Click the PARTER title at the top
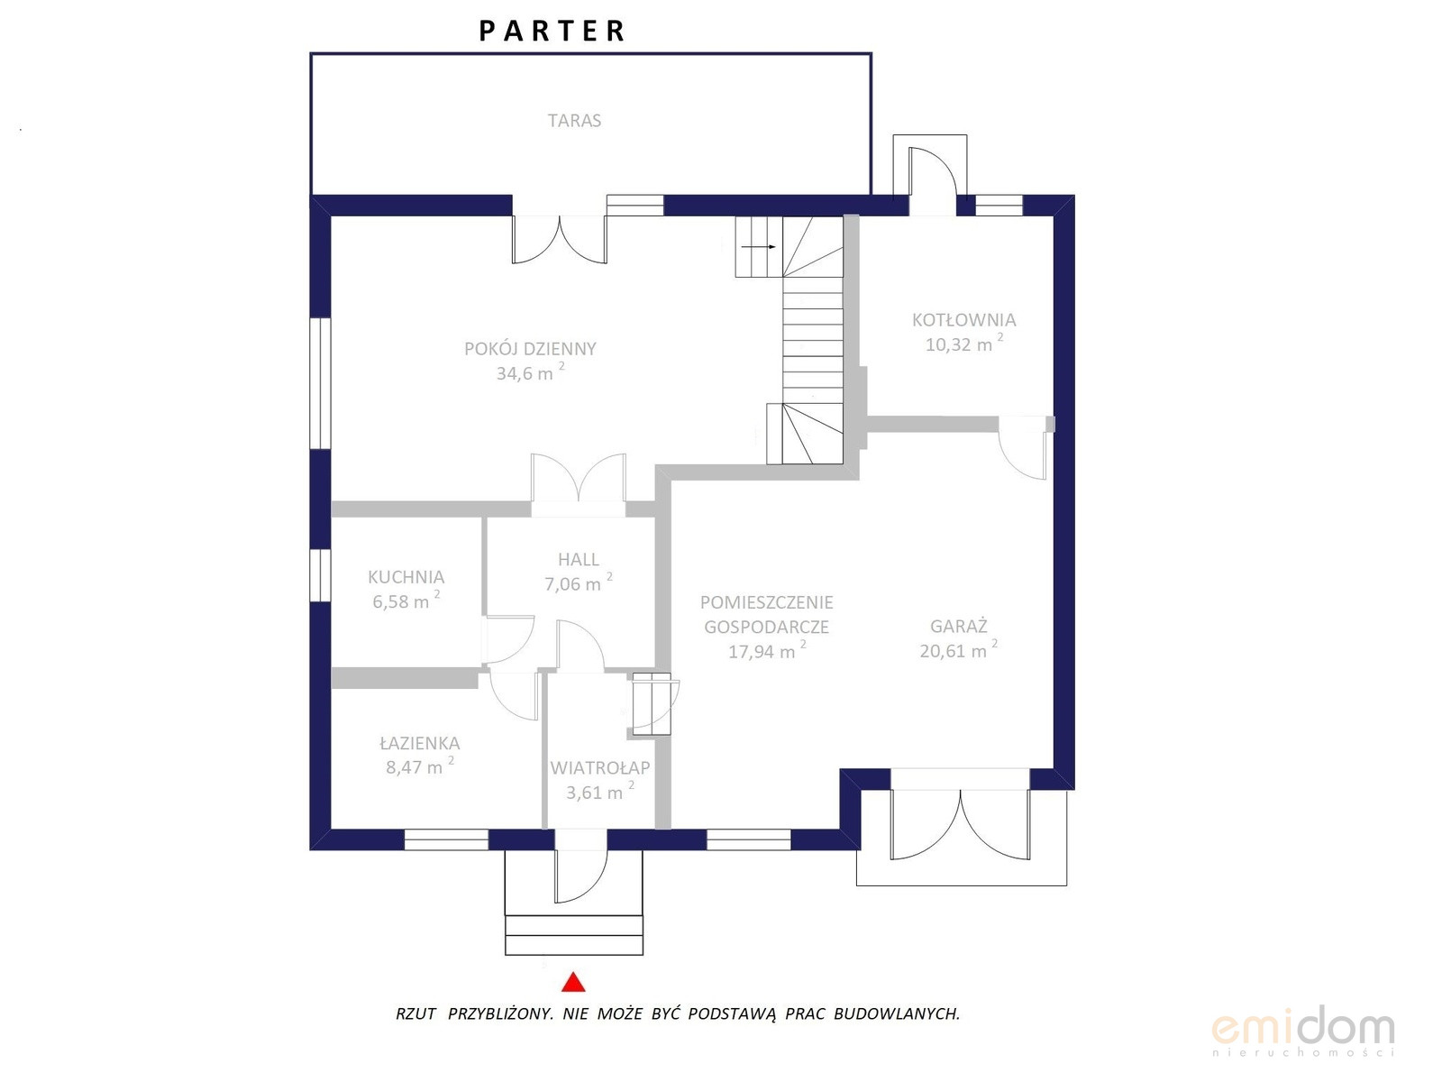pyautogui.click(x=552, y=31)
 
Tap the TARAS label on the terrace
pyautogui.click(x=574, y=120)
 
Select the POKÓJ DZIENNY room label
pyautogui.click(x=530, y=348)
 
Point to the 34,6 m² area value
pyautogui.click(x=530, y=371)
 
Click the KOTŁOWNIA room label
pyautogui.click(x=963, y=320)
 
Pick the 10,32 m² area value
pyautogui.click(x=963, y=343)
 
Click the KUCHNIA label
pyautogui.click(x=406, y=577)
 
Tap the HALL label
pyautogui.click(x=578, y=559)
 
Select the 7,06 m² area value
pyautogui.click(x=578, y=582)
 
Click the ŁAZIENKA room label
pyautogui.click(x=420, y=743)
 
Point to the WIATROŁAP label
pyautogui.click(x=600, y=767)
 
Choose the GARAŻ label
pyautogui.click(x=959, y=626)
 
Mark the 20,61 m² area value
pyautogui.click(x=959, y=650)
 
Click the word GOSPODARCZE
pyautogui.click(x=766, y=627)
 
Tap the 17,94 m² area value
pyautogui.click(x=766, y=650)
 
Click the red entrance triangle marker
pyautogui.click(x=573, y=982)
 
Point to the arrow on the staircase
pyautogui.click(x=758, y=247)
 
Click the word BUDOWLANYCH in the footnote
pyautogui.click(x=897, y=1013)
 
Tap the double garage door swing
pyautogui.click(x=960, y=825)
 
